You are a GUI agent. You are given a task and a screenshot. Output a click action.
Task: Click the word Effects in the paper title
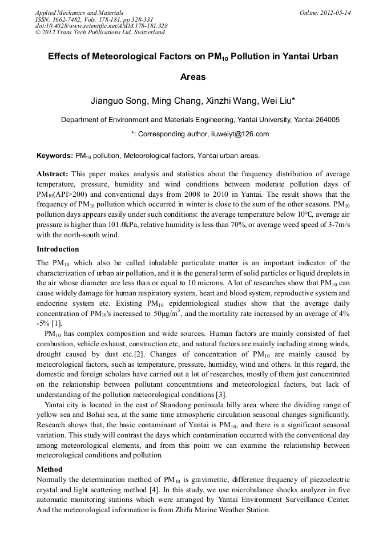(64, 57)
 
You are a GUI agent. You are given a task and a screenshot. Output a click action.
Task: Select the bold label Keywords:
(54, 155)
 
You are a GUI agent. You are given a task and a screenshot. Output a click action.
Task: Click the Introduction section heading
(58, 249)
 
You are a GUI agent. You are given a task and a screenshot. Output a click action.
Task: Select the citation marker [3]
(220, 394)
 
